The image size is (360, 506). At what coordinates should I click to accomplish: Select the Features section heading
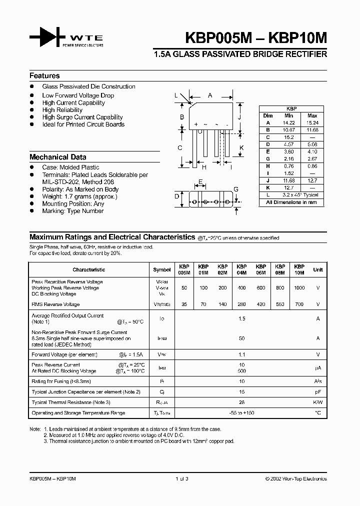pyautogui.click(x=44, y=76)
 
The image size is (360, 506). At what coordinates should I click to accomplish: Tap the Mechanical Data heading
pyautogui.click(x=57, y=157)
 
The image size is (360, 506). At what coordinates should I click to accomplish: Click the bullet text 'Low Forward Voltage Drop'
pyautogui.click(x=78, y=95)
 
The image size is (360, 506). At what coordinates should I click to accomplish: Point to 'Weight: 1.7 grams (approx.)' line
pyautogui.click(x=79, y=196)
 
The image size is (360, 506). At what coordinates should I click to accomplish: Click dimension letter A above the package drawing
pyautogui.click(x=210, y=95)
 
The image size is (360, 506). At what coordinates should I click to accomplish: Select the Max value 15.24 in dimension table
pyautogui.click(x=312, y=122)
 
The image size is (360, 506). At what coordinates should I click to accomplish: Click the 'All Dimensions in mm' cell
pyautogui.click(x=291, y=202)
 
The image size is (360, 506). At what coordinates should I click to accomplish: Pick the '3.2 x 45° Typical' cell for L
pyautogui.click(x=300, y=195)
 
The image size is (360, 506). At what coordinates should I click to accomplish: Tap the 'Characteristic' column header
pyautogui.click(x=88, y=270)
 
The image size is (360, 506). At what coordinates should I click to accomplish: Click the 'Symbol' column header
pyautogui.click(x=161, y=270)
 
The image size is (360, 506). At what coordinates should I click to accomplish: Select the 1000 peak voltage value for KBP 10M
pyautogui.click(x=299, y=288)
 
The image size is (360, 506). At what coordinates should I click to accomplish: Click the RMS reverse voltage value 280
pyautogui.click(x=241, y=304)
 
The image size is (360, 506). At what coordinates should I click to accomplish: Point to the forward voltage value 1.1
pyautogui.click(x=241, y=354)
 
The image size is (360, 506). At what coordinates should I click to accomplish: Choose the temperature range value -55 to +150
pyautogui.click(x=241, y=413)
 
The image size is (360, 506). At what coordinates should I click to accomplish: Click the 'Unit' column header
pyautogui.click(x=317, y=270)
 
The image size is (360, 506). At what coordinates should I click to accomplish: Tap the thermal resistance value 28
pyautogui.click(x=241, y=402)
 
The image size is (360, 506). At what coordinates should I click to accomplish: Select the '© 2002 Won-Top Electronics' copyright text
pyautogui.click(x=295, y=478)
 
